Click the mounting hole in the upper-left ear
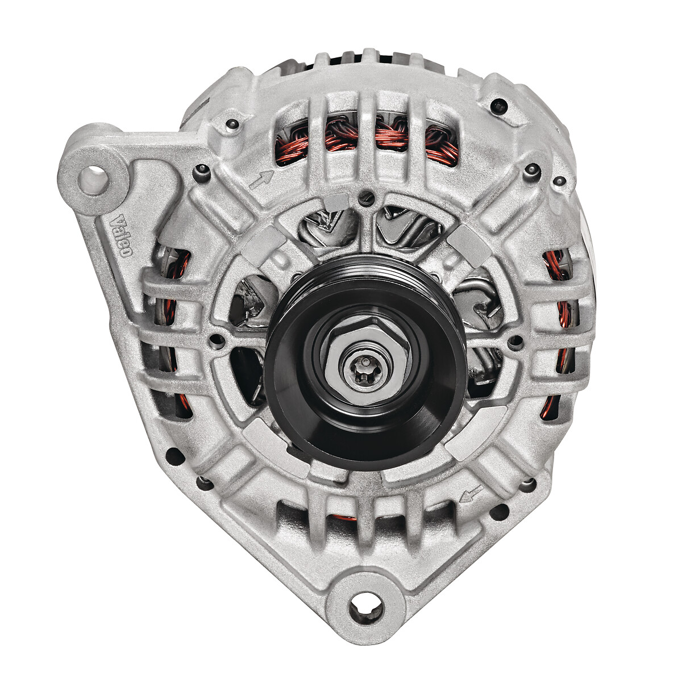click(93, 176)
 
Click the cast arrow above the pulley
click(261, 179)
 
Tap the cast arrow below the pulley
click(471, 494)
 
